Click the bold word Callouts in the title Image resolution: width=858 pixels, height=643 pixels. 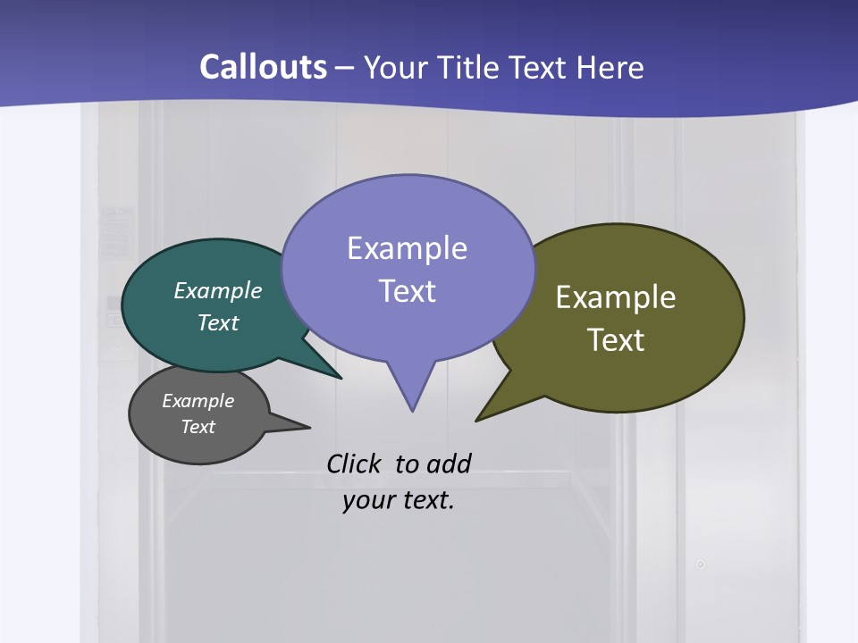click(264, 67)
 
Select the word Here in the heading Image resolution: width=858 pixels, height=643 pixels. click(611, 67)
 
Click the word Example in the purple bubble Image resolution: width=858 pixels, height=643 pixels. click(407, 248)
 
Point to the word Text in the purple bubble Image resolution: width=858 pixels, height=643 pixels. click(407, 290)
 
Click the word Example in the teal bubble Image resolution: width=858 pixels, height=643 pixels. click(218, 290)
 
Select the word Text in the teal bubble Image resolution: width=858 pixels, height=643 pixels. click(218, 322)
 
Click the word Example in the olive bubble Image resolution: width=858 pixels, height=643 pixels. click(616, 296)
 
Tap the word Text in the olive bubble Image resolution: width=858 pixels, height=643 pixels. click(616, 339)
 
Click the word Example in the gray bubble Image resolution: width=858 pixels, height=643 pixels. click(198, 401)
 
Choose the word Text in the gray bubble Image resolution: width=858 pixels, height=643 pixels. click(198, 427)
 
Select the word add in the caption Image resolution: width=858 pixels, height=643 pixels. click(448, 463)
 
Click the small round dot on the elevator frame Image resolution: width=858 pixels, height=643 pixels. click(701, 564)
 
